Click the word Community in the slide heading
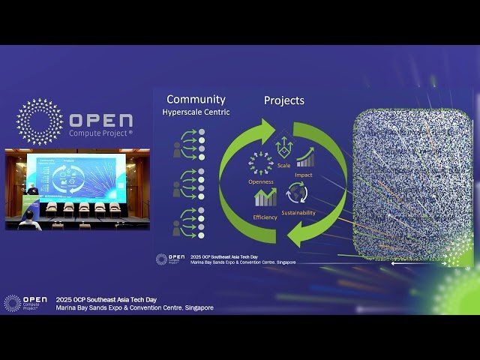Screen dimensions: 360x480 [196, 99]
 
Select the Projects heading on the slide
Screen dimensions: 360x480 [283, 100]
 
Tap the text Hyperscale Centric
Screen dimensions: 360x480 [196, 112]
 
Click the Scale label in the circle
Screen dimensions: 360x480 [283, 165]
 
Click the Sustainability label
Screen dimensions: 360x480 [298, 212]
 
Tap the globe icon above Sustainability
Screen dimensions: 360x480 [297, 195]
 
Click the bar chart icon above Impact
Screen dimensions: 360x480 [304, 157]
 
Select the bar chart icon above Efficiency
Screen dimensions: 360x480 [265, 197]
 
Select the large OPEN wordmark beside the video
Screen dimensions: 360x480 [101, 120]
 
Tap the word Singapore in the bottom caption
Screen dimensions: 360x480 [196, 307]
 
